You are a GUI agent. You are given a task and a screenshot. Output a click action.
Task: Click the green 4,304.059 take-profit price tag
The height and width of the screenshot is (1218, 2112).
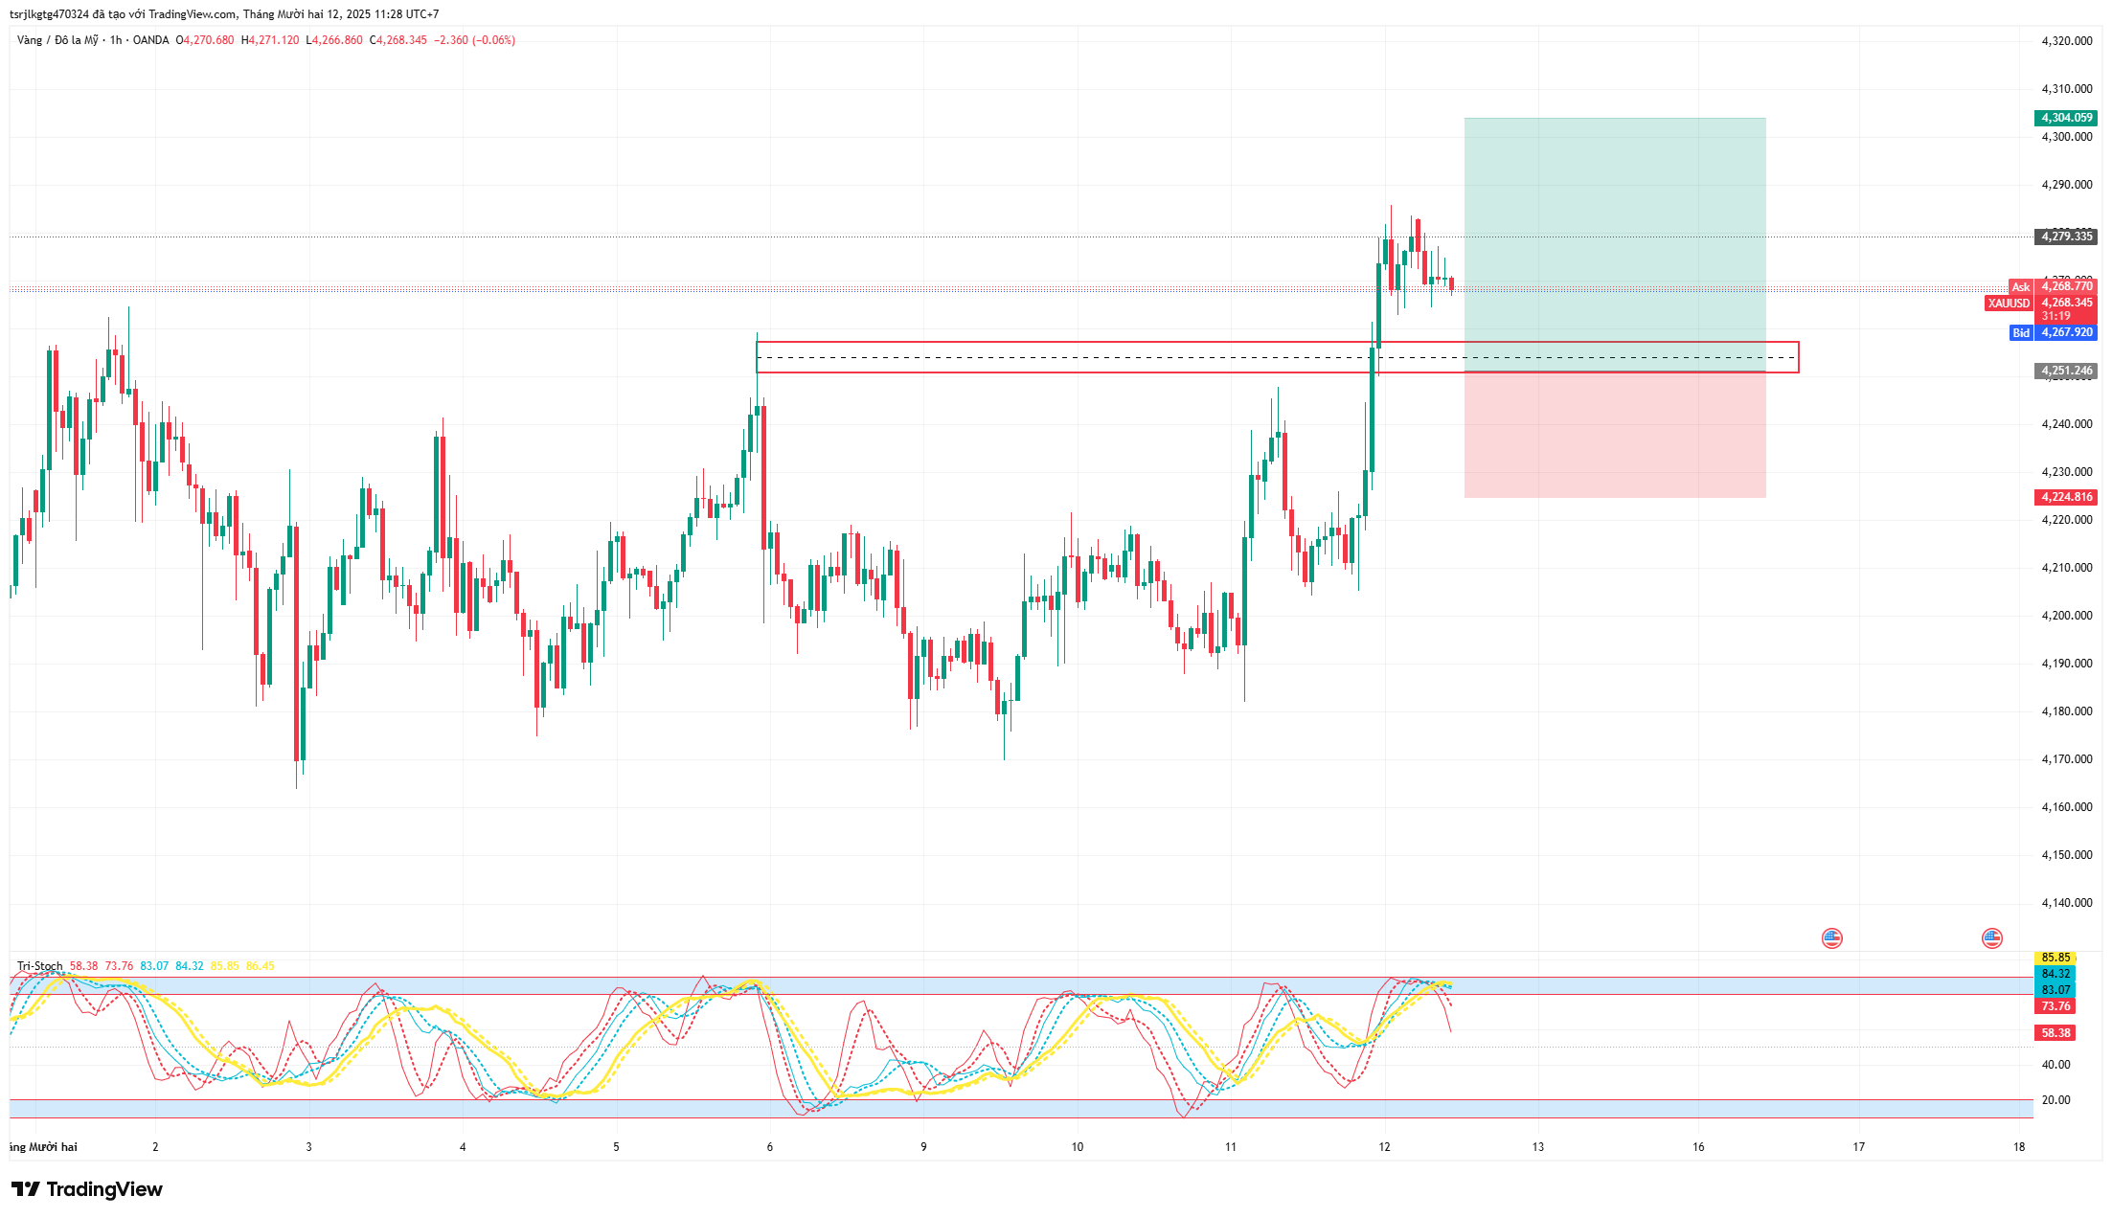coord(2066,118)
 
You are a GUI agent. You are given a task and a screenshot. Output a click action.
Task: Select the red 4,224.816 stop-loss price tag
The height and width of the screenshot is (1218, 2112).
coord(2066,497)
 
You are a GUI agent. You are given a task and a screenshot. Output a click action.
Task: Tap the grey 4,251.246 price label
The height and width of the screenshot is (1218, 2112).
coord(2066,371)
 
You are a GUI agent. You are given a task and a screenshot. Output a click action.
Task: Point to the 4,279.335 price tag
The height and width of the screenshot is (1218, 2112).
coord(2066,237)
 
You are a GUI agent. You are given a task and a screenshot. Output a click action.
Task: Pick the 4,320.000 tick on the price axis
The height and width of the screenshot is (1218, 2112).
coord(2067,41)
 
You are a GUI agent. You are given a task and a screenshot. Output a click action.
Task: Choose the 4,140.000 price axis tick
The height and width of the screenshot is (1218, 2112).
coord(2067,903)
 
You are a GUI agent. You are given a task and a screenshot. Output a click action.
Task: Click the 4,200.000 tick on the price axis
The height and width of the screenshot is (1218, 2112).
coord(2067,616)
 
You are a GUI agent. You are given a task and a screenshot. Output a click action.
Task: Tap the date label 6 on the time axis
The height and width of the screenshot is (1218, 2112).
coord(770,1147)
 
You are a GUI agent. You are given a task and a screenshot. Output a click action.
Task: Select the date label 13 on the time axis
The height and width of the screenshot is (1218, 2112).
coord(1538,1147)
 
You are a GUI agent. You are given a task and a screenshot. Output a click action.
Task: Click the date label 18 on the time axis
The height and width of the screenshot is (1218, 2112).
coord(2019,1147)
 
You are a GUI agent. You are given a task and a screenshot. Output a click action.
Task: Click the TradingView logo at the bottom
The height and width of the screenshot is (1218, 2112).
coord(87,1189)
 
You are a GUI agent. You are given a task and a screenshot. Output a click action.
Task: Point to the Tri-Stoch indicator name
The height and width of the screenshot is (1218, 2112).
coord(40,966)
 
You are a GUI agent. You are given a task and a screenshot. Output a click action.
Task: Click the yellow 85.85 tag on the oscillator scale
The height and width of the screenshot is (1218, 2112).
coord(2055,958)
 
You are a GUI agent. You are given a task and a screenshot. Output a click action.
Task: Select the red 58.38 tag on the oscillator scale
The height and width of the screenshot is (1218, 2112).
coord(2055,1033)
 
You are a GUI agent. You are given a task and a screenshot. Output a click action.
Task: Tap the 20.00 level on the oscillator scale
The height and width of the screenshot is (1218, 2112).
coord(2055,1100)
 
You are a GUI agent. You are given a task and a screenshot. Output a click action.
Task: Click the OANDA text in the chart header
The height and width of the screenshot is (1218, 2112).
coord(150,40)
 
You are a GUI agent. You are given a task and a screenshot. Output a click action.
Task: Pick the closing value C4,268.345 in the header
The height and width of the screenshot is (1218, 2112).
coord(398,40)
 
